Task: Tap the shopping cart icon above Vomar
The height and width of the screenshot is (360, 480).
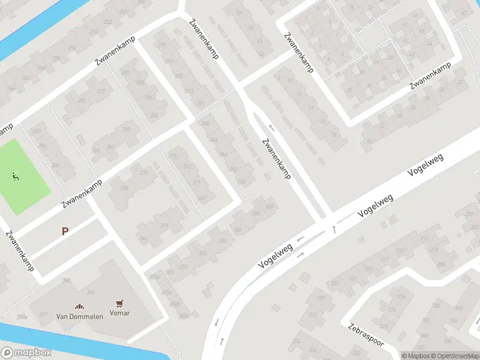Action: [119, 304]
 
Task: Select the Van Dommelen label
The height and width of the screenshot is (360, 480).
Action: [80, 316]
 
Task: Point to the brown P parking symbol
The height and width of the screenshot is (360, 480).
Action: [65, 231]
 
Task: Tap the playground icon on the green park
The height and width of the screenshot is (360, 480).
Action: [16, 176]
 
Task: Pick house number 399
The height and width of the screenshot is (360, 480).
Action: [161, 46]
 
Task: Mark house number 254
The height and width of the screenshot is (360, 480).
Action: [94, 32]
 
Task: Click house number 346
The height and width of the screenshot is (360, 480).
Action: [143, 239]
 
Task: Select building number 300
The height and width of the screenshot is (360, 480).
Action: [91, 292]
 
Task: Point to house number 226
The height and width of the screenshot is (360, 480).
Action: [392, 310]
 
